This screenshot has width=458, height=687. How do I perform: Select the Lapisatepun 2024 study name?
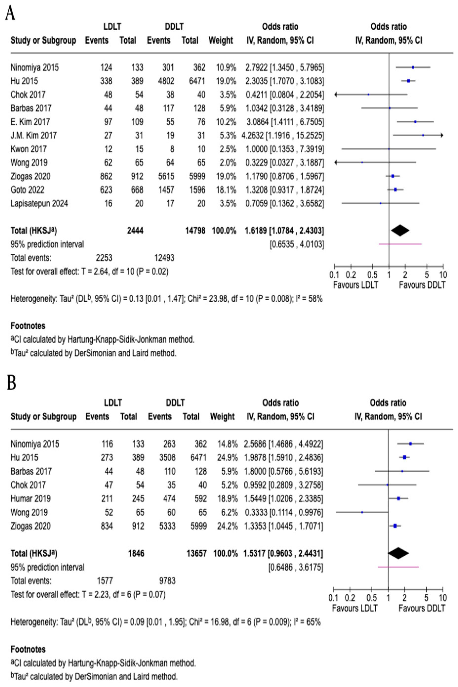(x=39, y=203)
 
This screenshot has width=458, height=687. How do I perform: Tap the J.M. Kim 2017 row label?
(x=34, y=135)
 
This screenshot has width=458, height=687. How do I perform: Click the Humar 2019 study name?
(x=30, y=498)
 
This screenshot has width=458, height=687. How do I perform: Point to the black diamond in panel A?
(x=400, y=231)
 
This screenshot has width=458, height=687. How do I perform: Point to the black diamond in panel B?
(x=398, y=553)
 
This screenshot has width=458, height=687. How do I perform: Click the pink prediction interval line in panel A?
(x=400, y=244)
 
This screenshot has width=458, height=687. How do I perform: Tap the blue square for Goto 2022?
(x=395, y=190)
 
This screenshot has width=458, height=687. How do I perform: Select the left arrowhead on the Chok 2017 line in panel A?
(x=336, y=94)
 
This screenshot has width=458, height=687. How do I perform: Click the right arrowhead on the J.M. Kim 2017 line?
(x=442, y=135)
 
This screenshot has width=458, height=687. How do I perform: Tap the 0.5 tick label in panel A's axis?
(x=372, y=275)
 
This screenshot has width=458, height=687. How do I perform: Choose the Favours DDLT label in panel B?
(x=422, y=609)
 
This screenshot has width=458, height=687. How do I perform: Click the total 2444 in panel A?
(x=135, y=231)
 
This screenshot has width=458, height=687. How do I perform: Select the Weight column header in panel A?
(x=220, y=40)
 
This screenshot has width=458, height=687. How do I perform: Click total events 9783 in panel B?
(x=167, y=580)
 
